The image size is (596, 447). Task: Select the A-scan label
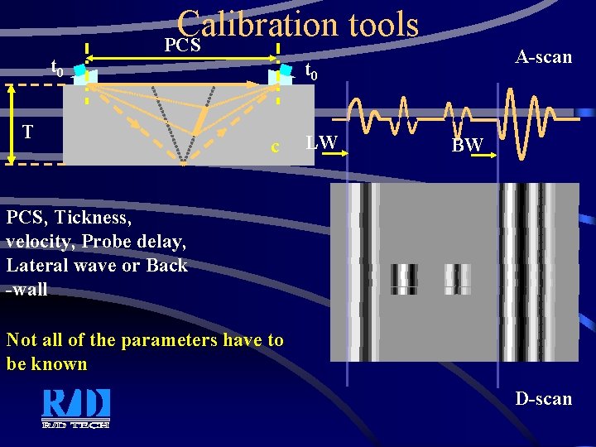point(543,57)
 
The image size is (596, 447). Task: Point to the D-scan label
point(543,399)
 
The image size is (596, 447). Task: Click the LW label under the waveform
point(321,142)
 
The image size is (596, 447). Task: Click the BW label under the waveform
point(468,146)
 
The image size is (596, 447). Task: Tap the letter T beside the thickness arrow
point(28,132)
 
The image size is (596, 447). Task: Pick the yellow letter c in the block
point(275,148)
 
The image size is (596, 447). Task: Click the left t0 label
point(57,68)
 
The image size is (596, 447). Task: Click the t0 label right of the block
point(311,72)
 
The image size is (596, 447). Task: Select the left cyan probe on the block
point(79,72)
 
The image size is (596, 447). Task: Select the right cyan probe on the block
point(286,72)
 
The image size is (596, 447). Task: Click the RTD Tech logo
point(75,407)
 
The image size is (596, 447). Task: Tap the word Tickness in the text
point(93,218)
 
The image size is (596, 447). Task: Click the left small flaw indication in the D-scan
point(404,279)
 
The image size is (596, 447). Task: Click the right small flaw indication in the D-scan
point(457,279)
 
